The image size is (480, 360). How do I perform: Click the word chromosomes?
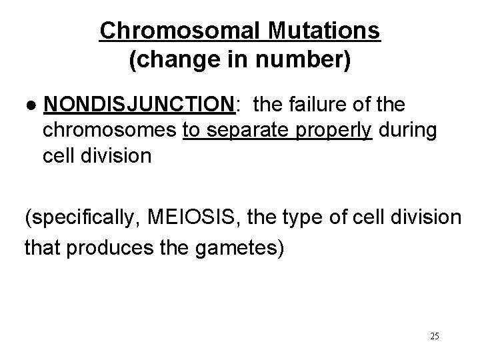click(x=109, y=131)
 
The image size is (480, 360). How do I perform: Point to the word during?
click(x=407, y=131)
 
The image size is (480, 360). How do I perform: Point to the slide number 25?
click(x=434, y=336)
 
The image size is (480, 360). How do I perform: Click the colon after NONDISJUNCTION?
click(x=238, y=105)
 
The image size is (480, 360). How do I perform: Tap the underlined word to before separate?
click(x=191, y=131)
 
